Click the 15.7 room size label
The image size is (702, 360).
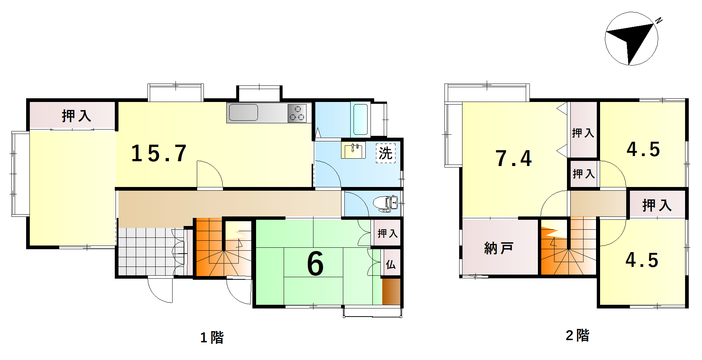pos(159,153)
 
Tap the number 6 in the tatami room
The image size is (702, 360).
pos(315,264)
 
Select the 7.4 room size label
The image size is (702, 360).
pos(514,158)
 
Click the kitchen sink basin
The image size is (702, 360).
pos(243,112)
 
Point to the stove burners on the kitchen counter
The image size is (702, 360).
pos(297,113)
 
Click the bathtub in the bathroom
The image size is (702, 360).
pos(361,119)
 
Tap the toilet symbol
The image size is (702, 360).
pos(385,204)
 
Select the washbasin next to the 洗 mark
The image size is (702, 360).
pos(353,151)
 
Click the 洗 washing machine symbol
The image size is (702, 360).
pos(386,153)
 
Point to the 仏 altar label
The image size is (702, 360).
pos(391,264)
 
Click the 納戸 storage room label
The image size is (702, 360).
pos(499,248)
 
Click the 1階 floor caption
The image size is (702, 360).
pos(212,337)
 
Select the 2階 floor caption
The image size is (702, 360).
pos(577,335)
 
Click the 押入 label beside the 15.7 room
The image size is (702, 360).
pos(77,116)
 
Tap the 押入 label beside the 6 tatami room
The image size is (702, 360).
pos(388,233)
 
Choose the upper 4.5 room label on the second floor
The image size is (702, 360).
pos(643,149)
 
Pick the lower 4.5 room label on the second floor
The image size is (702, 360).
pos(642,260)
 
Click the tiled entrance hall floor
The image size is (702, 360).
pos(151,251)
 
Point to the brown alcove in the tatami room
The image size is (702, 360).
pos(391,292)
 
